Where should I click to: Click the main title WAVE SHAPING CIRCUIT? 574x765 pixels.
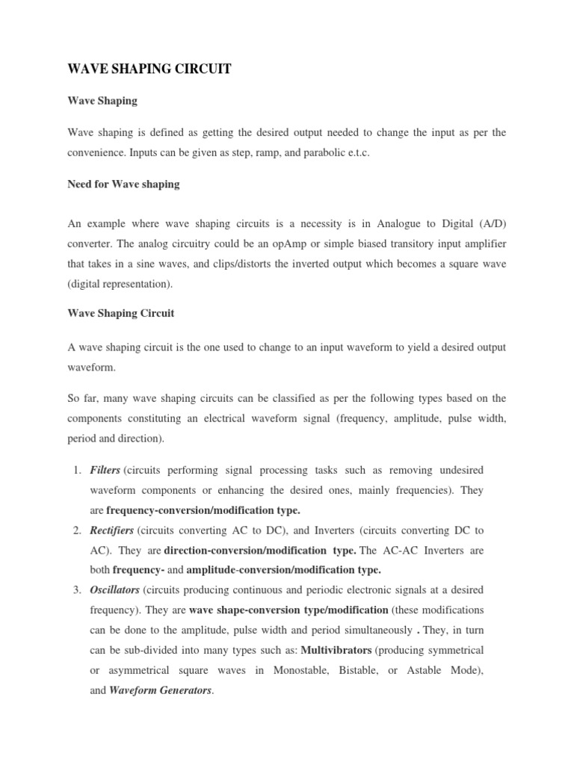tap(149, 69)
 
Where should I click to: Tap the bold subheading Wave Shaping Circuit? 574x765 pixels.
tap(120, 313)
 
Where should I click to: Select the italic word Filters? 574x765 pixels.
tap(105, 470)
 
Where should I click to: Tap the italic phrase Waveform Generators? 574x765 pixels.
tap(161, 691)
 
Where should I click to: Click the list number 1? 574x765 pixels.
tap(78, 470)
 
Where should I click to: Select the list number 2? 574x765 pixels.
tap(78, 530)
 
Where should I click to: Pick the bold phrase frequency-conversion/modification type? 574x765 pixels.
tap(203, 510)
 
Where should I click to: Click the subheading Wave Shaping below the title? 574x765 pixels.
tap(102, 100)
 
